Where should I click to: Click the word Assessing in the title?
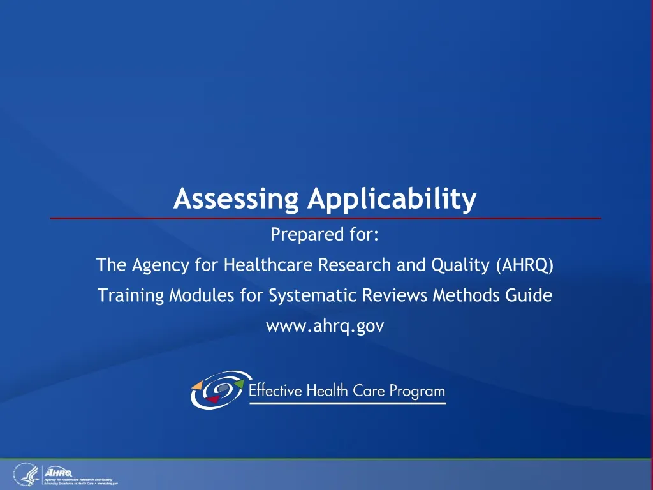236,200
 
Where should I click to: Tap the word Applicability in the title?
392,200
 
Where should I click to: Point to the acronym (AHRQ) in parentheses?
524,265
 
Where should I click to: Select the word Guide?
533,295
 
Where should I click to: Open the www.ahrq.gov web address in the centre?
325,327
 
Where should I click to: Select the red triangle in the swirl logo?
214,399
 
